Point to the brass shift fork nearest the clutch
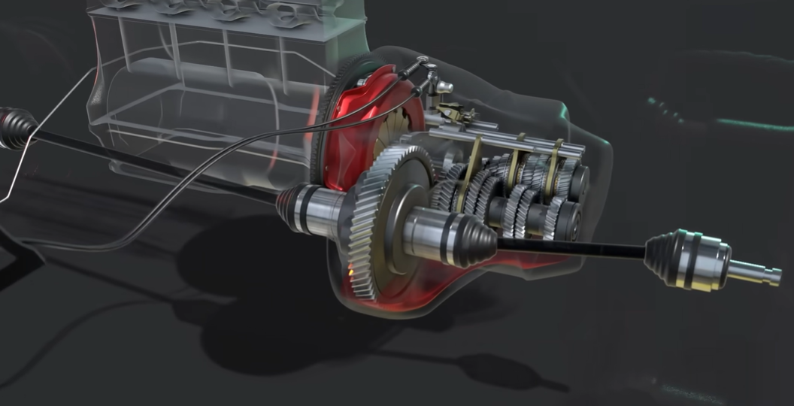click(475, 162)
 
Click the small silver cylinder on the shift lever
click(447, 86)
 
